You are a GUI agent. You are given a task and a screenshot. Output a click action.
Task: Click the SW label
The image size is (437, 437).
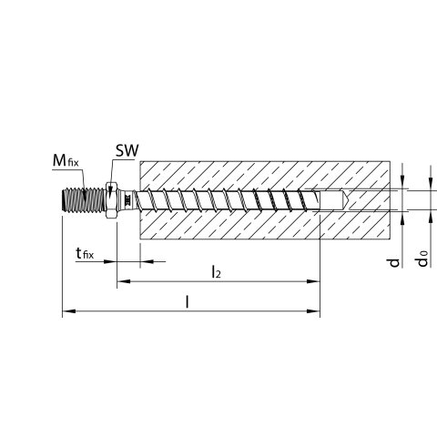click(127, 151)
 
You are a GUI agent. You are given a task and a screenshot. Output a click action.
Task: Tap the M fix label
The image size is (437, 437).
click(66, 160)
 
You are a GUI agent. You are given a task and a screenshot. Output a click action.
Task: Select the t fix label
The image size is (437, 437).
click(85, 253)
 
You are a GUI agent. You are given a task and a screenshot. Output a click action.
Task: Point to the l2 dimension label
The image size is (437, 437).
click(216, 271)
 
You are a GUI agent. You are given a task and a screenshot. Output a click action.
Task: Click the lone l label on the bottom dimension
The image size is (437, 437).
click(188, 302)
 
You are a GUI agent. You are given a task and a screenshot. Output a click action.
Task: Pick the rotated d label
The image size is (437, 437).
click(394, 262)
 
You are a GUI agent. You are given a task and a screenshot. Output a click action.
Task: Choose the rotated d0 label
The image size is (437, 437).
click(422, 259)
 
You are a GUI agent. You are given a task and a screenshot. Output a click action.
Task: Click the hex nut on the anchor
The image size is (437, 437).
click(112, 200)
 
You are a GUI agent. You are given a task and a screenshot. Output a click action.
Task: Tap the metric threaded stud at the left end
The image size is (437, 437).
click(83, 200)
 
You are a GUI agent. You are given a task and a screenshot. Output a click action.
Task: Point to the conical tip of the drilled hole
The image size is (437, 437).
click(346, 200)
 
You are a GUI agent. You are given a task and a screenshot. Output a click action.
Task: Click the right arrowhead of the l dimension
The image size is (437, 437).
click(313, 311)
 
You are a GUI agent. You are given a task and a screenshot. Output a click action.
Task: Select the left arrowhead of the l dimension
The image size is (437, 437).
click(69, 311)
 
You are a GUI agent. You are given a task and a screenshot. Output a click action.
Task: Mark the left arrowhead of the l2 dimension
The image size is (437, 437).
click(124, 281)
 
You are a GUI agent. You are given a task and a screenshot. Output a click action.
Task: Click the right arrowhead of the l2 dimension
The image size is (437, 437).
click(313, 281)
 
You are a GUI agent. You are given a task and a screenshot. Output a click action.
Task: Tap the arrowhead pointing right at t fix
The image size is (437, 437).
click(110, 261)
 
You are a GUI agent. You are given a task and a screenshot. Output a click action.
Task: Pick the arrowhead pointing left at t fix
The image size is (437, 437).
click(147, 261)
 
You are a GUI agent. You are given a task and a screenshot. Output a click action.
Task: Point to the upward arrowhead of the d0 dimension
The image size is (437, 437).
click(431, 217)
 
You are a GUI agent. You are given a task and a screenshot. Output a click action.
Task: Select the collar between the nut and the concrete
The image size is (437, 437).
click(127, 200)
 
